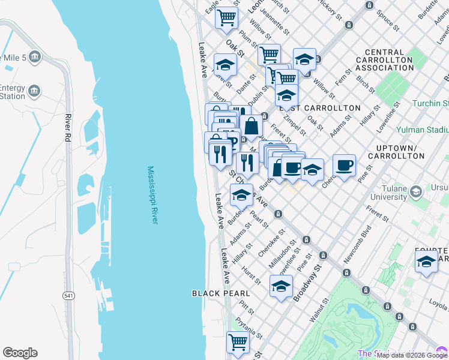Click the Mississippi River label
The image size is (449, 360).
152,196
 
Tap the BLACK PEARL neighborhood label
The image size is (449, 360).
220,293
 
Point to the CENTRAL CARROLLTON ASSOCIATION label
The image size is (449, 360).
384,60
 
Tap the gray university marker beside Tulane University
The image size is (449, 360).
415,192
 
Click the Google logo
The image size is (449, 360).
20,353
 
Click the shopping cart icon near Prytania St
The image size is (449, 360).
238,343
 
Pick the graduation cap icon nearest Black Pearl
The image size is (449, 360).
281,286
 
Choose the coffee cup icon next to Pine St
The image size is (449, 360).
344,166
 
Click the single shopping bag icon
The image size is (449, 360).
252,127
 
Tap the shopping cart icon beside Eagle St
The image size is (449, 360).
227,17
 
